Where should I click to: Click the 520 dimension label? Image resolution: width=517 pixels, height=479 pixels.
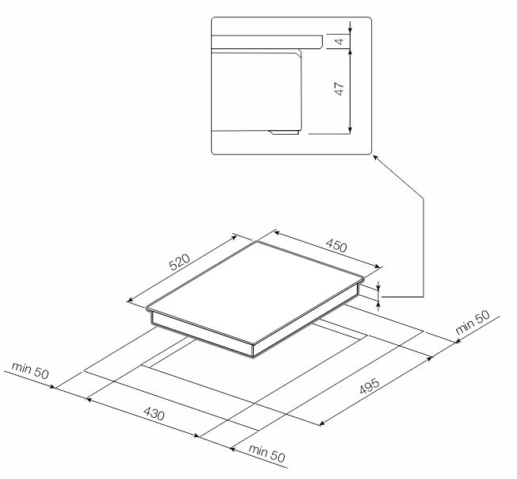pyautogui.click(x=180, y=262)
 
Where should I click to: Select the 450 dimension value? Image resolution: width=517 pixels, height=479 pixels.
pyautogui.click(x=336, y=246)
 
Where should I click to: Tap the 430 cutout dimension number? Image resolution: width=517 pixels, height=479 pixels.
pyautogui.click(x=154, y=414)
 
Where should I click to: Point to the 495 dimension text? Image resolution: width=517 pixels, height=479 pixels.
pyautogui.click(x=370, y=385)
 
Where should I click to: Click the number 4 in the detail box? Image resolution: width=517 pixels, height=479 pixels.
pyautogui.click(x=339, y=41)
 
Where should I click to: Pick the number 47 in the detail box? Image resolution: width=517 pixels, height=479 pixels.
pyautogui.click(x=339, y=89)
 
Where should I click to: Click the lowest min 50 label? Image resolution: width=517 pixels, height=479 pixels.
pyautogui.click(x=266, y=453)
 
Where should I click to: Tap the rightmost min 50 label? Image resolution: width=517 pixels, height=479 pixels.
pyautogui.click(x=473, y=322)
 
